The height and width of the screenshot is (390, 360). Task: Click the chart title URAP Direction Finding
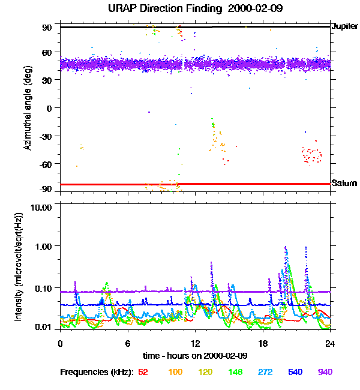coord(153,9)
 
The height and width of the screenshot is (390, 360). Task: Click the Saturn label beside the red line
coord(344,183)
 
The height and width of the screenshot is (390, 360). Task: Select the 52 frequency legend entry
coord(143,372)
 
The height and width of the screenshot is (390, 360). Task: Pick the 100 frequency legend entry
coord(175,372)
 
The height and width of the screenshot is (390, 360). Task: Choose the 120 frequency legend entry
coord(205,372)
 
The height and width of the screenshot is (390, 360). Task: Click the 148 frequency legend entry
coord(235,372)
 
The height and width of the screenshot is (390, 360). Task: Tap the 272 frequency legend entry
coord(265,372)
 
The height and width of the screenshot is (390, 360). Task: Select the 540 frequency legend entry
coord(295,372)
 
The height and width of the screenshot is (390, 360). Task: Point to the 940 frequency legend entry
coord(325,372)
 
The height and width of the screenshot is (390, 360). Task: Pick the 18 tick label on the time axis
coord(263,343)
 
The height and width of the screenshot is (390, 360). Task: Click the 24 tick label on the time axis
coord(330,343)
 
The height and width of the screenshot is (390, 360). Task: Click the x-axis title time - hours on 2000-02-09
coord(195,356)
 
